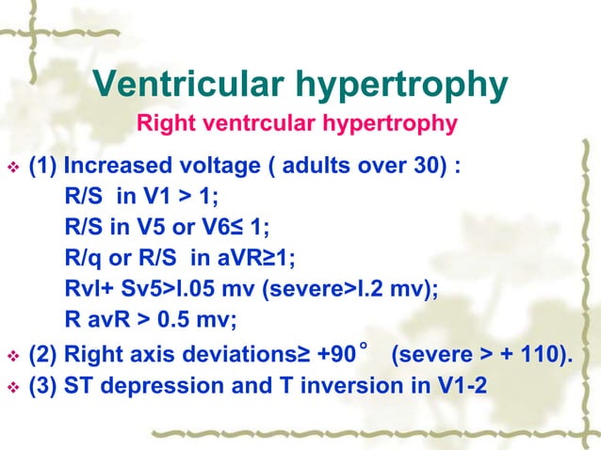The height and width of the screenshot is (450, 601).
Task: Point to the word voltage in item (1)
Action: [x=225, y=170]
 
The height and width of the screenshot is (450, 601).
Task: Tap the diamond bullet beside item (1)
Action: [x=13, y=171]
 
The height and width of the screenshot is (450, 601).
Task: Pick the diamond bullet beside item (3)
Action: [x=13, y=386]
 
